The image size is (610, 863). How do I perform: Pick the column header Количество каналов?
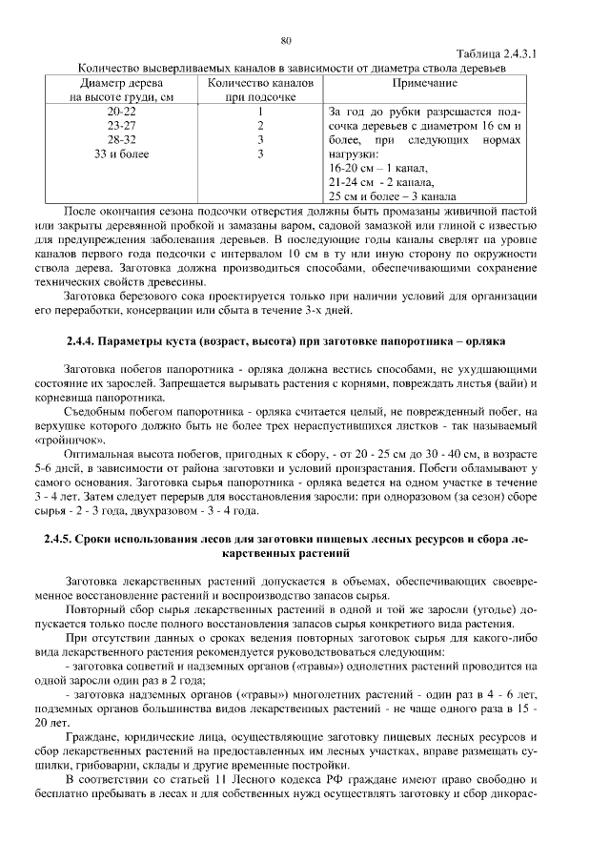(260, 83)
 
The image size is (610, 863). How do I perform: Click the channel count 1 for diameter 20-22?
(260, 112)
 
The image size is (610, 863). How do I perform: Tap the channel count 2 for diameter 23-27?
(260, 125)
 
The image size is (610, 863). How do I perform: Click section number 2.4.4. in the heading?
(85, 340)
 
